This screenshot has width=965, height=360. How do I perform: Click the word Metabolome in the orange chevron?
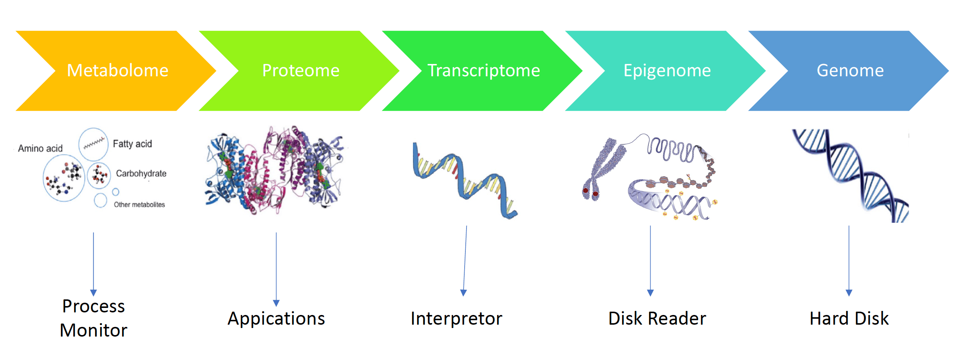118,70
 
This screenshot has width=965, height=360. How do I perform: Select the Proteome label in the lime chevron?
301,70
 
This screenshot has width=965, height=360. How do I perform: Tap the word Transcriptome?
484,71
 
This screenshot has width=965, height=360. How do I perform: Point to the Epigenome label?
667,71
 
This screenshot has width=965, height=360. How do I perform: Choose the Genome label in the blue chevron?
850,70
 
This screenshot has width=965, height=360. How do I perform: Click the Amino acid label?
41,148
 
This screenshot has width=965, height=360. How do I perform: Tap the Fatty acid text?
132,144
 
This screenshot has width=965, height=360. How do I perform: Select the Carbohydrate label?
141,173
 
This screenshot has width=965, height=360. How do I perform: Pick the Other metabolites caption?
140,205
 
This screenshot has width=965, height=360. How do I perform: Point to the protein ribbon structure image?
274,170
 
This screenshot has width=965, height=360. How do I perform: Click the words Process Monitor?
94,318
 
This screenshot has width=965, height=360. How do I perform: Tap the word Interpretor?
456,319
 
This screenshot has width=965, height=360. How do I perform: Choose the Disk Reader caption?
657,318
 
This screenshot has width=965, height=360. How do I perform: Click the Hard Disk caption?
849,318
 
